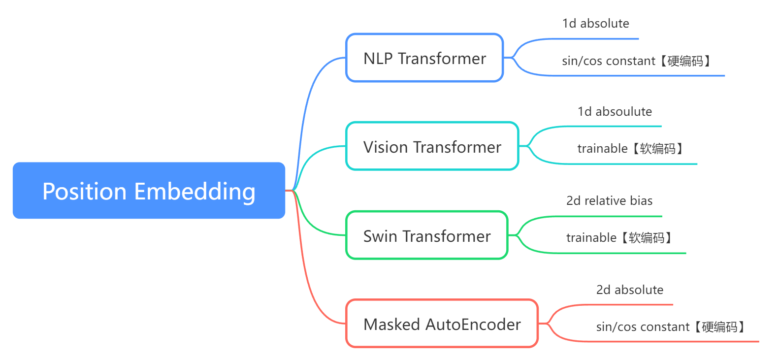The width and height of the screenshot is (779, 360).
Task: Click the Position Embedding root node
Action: point(149,191)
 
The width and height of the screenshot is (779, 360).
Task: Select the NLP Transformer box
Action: point(424,58)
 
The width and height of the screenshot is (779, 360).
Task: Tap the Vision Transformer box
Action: point(432,147)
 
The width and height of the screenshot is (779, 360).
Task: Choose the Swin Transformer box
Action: point(426,236)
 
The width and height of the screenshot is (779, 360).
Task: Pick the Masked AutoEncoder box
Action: point(442,324)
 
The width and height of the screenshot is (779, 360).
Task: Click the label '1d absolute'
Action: point(595,24)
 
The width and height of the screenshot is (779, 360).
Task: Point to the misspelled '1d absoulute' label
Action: point(615,112)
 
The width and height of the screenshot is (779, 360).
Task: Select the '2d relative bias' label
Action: point(609,201)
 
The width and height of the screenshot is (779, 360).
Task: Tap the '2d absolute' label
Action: point(629,290)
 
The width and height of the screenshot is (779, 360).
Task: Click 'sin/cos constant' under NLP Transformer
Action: point(608,61)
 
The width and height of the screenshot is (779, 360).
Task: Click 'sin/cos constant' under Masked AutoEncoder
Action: point(643,327)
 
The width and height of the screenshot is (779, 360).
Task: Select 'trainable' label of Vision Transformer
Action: point(602,149)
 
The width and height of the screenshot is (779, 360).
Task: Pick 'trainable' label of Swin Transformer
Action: point(591,238)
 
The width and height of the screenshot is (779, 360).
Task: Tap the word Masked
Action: point(392,325)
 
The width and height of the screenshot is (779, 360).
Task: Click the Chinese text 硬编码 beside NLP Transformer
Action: point(685,61)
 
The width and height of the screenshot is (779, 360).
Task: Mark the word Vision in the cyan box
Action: point(386,147)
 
